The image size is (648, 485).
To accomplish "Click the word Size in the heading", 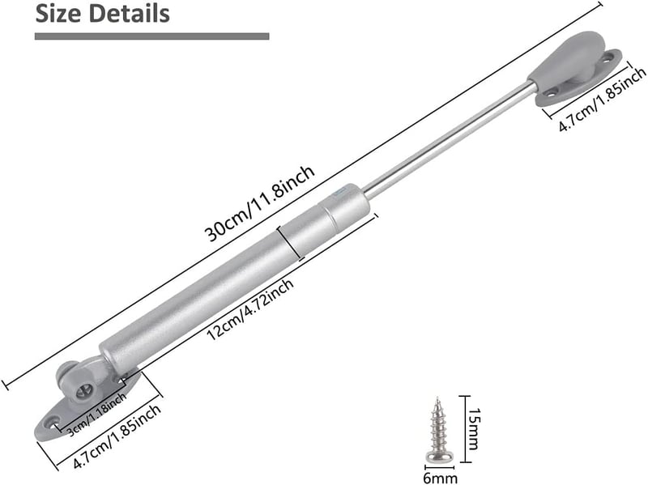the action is coord(58,14).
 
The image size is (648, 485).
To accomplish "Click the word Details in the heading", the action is coord(129,14).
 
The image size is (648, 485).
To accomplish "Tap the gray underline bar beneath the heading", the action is coord(151,36).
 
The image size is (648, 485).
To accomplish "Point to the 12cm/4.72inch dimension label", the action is coord(250,309).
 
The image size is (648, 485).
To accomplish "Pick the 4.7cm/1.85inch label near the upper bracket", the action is coord(602,99).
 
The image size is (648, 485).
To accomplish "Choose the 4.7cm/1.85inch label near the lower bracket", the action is coord(117,436).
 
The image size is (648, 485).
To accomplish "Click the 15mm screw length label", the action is coord(474,429).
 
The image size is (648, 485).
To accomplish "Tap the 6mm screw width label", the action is coord(440,478).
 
